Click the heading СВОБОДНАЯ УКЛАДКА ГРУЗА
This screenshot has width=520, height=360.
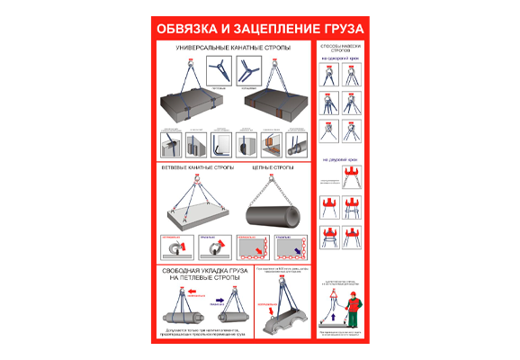click(x=201, y=271)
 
